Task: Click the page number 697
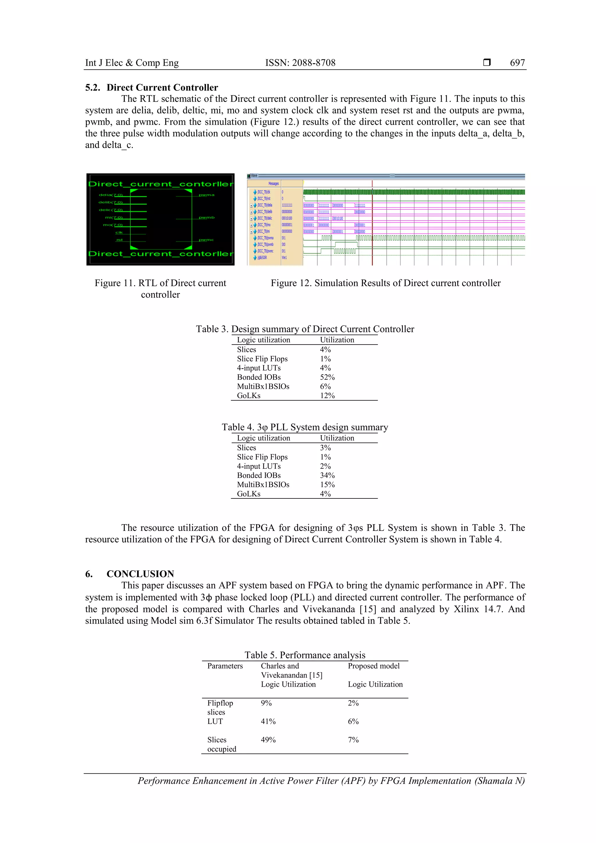(517, 63)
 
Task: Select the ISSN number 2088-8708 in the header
(300, 63)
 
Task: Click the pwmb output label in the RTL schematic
(206, 217)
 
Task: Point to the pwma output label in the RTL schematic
(206, 195)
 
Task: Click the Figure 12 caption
(386, 283)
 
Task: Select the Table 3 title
(305, 329)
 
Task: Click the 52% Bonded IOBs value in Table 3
(327, 377)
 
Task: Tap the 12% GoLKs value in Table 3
(327, 395)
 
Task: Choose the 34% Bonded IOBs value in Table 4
(327, 475)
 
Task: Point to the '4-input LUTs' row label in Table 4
(259, 466)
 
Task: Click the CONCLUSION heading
(140, 574)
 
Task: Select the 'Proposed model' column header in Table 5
(373, 666)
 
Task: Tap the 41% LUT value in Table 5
(268, 721)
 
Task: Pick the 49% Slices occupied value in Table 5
(268, 740)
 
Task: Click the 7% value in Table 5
(353, 740)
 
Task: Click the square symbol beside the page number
(487, 62)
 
